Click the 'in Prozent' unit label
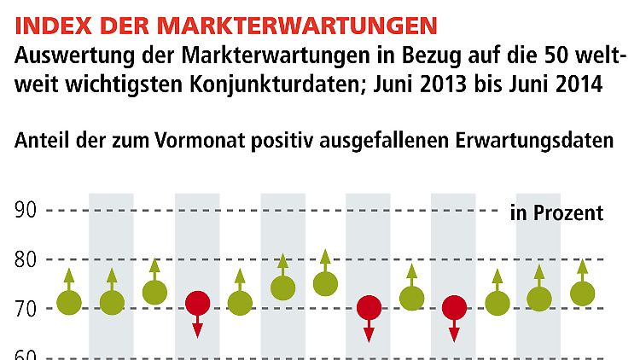556,212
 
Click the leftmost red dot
197,303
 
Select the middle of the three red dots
369,307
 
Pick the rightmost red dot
454,307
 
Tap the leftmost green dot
69,302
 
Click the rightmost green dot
582,293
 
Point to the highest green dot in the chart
325,283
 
